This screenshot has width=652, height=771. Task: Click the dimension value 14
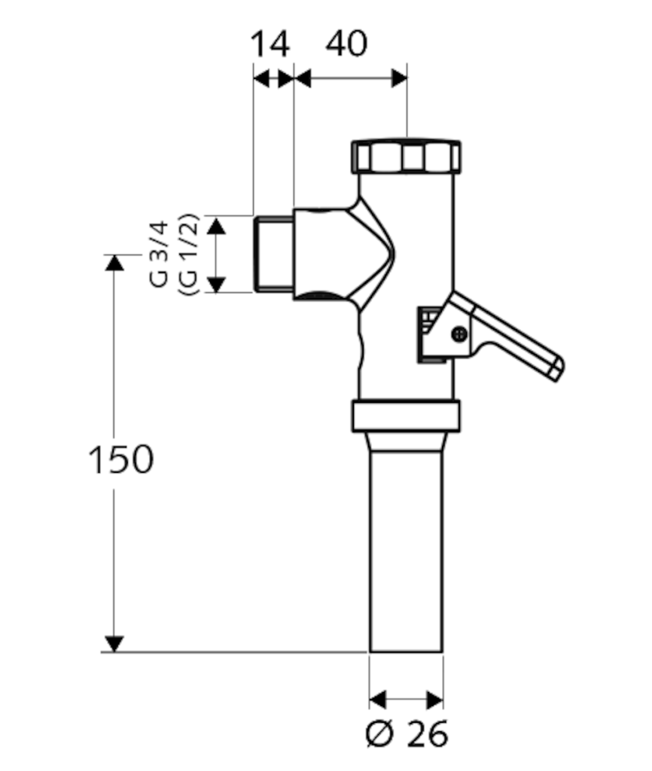pos(270,44)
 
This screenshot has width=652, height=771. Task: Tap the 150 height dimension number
pos(120,460)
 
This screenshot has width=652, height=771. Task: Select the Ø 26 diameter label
pos(407,734)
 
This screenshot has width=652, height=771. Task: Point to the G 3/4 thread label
pos(159,254)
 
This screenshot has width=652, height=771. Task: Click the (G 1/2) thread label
pos(188,254)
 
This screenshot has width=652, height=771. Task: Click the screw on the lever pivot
pos(459,334)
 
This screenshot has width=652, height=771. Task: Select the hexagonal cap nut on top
pos(406,157)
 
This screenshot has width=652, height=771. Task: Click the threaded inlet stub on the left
pos(274,254)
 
